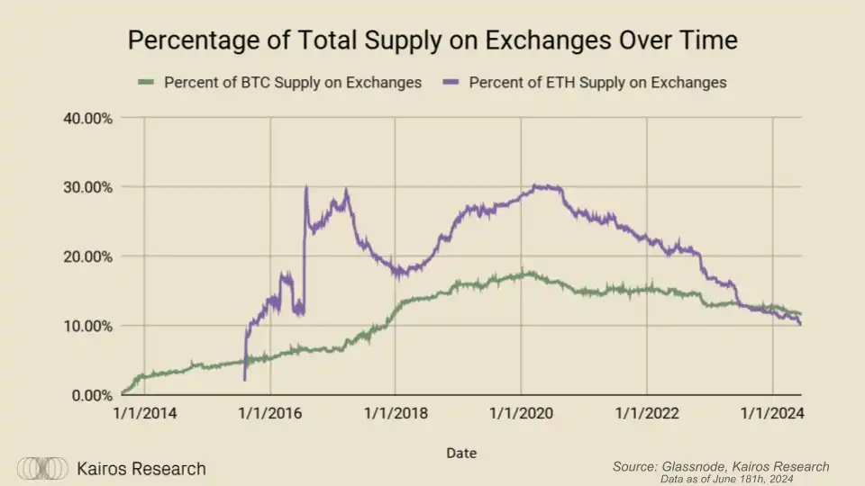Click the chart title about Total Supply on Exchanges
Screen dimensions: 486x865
(x=432, y=40)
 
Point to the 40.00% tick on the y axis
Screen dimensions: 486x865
(x=86, y=118)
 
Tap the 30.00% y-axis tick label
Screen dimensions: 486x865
(x=86, y=187)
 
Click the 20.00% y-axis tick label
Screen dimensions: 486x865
(x=86, y=256)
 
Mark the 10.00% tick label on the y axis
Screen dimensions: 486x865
(x=86, y=326)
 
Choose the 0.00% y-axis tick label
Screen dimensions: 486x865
(x=90, y=395)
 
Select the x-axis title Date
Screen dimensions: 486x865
(x=461, y=453)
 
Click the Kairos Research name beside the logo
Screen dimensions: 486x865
(x=141, y=469)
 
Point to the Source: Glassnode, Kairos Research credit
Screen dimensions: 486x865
(x=721, y=466)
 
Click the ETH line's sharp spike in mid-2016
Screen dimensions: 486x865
(x=306, y=188)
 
